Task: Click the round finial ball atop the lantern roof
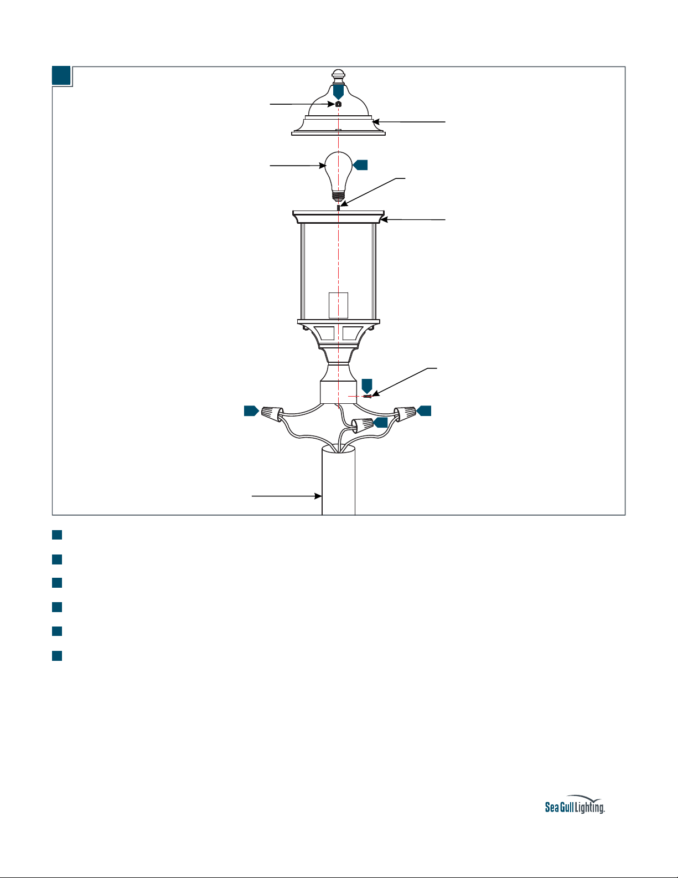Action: point(338,74)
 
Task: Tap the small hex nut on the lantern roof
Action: point(339,104)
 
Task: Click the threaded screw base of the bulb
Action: point(338,196)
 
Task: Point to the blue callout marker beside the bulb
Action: point(360,165)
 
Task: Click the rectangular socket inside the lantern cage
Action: point(338,305)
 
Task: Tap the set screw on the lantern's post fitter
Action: point(368,397)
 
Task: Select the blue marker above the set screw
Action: point(367,386)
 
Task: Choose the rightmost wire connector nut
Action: point(405,414)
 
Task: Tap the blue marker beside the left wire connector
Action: point(251,411)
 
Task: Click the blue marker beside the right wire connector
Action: point(424,411)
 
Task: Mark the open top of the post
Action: point(338,449)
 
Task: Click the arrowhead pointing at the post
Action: point(318,496)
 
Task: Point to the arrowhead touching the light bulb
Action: point(322,165)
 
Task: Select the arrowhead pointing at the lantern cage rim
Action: point(384,220)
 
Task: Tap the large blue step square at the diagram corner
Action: point(61,75)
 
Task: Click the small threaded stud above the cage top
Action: point(338,208)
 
